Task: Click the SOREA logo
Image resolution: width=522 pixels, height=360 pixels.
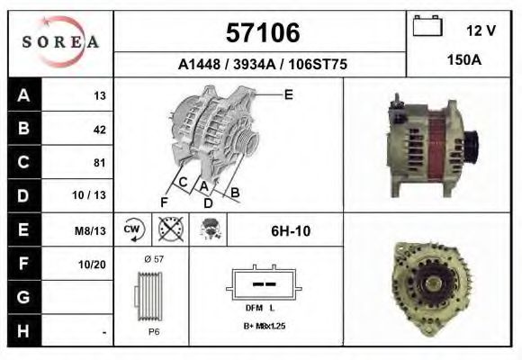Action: [x=59, y=42]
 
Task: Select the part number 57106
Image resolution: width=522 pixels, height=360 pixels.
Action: [x=260, y=33]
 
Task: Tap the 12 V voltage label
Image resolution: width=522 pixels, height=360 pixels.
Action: [x=481, y=31]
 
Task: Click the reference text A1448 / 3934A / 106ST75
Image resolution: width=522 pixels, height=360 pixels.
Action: [x=262, y=65]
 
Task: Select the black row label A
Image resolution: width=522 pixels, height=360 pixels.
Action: [x=23, y=94]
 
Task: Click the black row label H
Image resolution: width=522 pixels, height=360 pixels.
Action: [x=23, y=330]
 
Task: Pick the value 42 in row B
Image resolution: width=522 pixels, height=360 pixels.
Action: [x=99, y=129]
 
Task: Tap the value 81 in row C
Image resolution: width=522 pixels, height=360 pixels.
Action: [x=99, y=163]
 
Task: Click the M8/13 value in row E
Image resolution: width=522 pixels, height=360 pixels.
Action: [x=93, y=230]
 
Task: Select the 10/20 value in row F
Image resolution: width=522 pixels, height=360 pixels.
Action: [x=94, y=265]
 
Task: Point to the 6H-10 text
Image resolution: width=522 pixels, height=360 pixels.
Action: [x=290, y=230]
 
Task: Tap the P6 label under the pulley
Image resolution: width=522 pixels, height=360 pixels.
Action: [x=153, y=330]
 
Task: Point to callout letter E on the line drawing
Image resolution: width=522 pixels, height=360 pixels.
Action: [x=288, y=94]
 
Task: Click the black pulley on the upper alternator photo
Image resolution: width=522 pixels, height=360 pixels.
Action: [x=469, y=144]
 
